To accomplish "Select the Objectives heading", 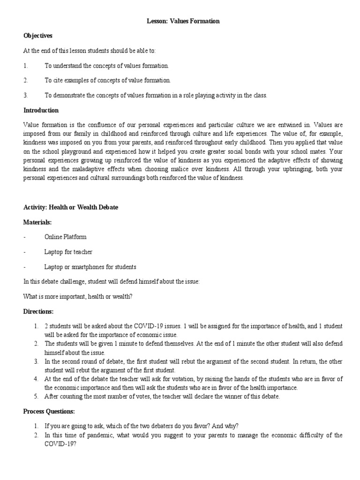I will pyautogui.click(x=38, y=35).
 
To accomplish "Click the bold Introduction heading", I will pyautogui.click(x=41, y=110).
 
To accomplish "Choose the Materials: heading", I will pyautogui.click(x=37, y=223).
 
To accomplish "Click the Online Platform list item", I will pyautogui.click(x=65, y=237).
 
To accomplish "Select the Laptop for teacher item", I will pyautogui.click(x=68, y=252).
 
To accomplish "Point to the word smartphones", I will pyautogui.click(x=91, y=267).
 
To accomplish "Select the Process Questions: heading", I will pyautogui.click(x=49, y=411).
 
